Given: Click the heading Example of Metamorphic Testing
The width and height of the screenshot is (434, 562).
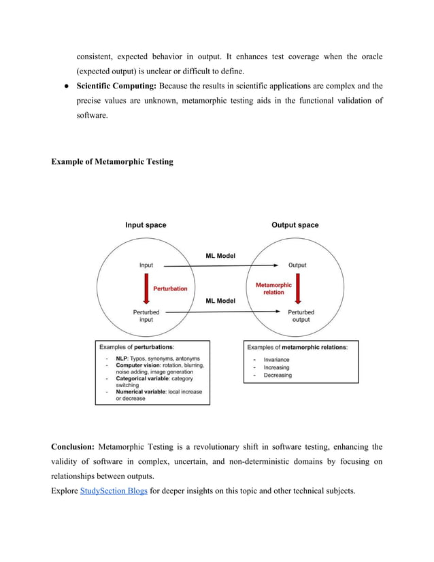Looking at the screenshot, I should click(112, 162).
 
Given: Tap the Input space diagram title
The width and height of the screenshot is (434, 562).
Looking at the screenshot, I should click(146, 225).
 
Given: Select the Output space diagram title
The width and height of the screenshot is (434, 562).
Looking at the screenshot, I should click(295, 225).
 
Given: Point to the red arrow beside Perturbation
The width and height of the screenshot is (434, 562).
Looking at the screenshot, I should click(145, 288).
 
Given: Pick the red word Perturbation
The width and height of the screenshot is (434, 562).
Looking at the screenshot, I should click(170, 288).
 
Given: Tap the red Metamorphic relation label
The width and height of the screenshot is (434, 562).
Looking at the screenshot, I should click(273, 288).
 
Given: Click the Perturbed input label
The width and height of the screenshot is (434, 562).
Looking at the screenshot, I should click(146, 316).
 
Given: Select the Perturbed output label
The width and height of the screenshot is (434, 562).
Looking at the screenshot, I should click(301, 316).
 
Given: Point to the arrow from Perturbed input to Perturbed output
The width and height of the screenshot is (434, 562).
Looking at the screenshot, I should click(221, 312).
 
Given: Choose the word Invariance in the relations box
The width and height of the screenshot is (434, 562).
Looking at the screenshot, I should click(276, 359).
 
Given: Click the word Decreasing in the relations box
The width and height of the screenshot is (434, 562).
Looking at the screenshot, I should click(278, 375).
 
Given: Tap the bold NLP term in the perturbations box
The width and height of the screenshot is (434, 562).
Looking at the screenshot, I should click(122, 359).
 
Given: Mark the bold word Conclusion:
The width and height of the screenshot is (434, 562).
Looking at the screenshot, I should click(73, 447).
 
